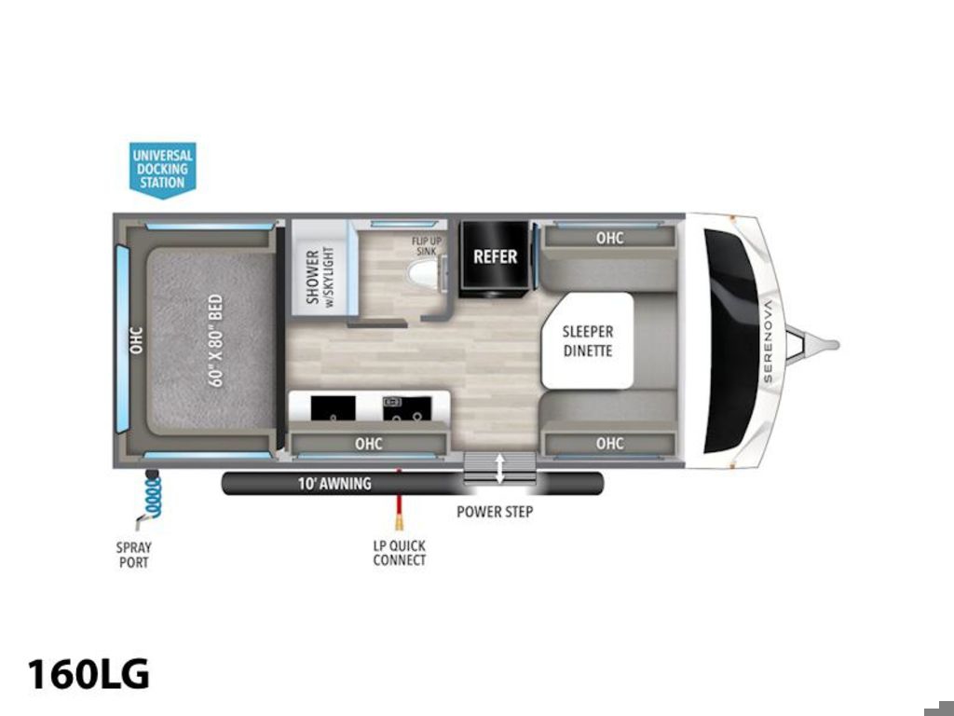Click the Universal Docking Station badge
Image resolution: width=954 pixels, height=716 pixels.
tap(162, 170)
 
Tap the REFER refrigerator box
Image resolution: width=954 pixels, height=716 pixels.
tap(495, 257)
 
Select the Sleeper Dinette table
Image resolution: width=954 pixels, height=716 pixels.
tap(588, 340)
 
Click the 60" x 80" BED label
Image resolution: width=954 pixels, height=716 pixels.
tap(216, 340)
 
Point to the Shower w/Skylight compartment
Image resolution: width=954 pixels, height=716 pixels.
tap(320, 268)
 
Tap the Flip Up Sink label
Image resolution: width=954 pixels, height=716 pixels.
tap(427, 245)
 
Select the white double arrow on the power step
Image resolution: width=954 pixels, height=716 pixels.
tap(499, 468)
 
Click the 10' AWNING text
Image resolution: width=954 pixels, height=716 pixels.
tap(334, 484)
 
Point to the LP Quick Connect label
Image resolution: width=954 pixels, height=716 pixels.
tap(399, 553)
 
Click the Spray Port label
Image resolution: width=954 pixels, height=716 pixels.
tap(134, 555)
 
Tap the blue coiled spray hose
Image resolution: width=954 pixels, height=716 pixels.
tap(152, 497)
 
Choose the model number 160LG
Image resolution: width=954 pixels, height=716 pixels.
tap(89, 674)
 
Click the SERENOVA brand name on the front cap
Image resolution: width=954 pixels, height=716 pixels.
tap(768, 341)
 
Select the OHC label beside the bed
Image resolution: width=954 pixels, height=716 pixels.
tap(136, 340)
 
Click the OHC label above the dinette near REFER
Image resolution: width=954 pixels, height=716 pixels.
tap(609, 238)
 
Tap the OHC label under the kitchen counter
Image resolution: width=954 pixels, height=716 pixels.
tap(369, 443)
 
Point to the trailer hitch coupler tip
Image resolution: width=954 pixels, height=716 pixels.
tap(835, 345)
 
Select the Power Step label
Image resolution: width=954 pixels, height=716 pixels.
tap(495, 512)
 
